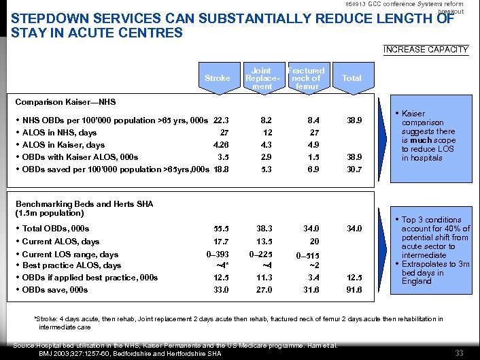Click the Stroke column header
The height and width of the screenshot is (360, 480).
pyautogui.click(x=217, y=78)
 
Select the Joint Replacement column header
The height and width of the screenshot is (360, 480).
pyautogui.click(x=262, y=78)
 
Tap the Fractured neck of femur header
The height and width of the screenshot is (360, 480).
pyautogui.click(x=307, y=78)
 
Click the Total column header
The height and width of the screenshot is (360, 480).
pyautogui.click(x=352, y=78)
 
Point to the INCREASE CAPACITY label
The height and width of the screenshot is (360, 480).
pyautogui.click(x=426, y=49)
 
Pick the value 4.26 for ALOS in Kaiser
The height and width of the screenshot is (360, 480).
pyautogui.click(x=222, y=145)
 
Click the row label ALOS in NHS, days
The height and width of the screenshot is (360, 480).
pyautogui.click(x=60, y=133)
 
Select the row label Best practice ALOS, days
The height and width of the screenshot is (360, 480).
pyautogui.click(x=71, y=265)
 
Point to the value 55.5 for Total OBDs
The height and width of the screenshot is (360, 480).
pyautogui.click(x=222, y=229)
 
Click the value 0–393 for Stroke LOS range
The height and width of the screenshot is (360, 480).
pyautogui.click(x=218, y=255)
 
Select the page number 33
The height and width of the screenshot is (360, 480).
pyautogui.click(x=459, y=352)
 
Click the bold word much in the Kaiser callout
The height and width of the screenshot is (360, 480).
pyautogui.click(x=419, y=140)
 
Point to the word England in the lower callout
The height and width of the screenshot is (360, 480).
pyautogui.click(x=416, y=281)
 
